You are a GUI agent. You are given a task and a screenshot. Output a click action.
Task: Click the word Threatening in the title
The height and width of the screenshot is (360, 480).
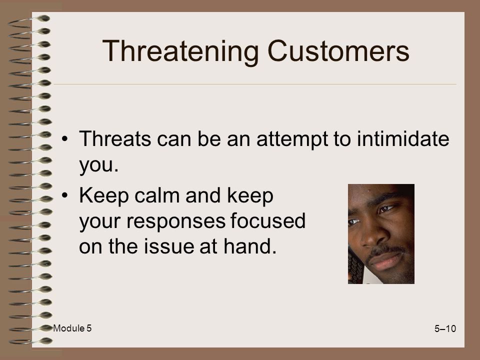(x=180, y=52)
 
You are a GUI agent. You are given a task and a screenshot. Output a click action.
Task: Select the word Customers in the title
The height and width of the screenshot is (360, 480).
(x=338, y=51)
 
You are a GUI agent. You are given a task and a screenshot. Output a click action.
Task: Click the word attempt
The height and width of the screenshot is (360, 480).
(x=292, y=140)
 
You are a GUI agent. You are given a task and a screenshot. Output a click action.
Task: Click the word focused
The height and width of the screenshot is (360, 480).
(x=268, y=220)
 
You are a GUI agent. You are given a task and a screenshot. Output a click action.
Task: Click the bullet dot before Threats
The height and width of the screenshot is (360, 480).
(x=64, y=139)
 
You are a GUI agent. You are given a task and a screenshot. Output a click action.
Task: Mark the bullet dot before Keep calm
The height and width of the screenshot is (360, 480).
(x=64, y=195)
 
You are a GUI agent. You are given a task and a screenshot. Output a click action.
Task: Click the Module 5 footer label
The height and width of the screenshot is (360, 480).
(x=72, y=328)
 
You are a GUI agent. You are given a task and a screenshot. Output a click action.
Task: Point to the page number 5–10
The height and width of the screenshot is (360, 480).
(x=445, y=328)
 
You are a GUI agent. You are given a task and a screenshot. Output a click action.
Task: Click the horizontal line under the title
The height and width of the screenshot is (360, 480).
(x=255, y=84)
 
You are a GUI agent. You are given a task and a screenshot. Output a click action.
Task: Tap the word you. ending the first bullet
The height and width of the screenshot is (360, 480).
(x=98, y=165)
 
